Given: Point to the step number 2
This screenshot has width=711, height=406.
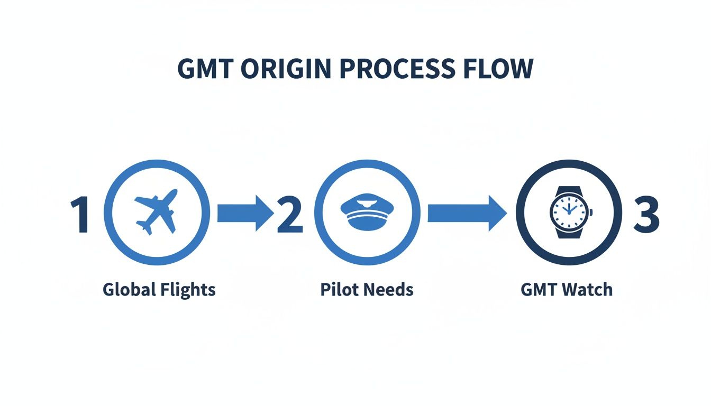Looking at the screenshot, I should coord(290,214).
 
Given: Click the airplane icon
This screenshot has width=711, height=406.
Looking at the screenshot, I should coord(156,213).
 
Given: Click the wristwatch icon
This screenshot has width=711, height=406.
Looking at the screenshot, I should coord(569,213).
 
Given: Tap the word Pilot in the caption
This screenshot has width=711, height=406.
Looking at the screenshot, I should coord(335,290).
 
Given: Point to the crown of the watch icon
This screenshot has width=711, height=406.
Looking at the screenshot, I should coord(590,213).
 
